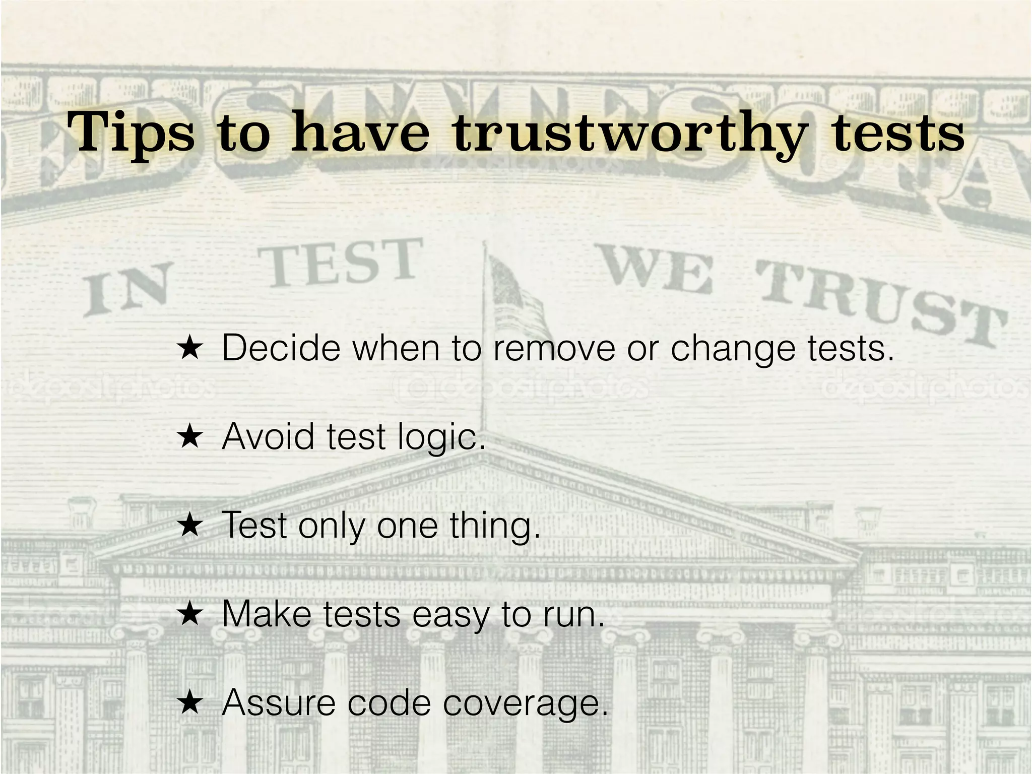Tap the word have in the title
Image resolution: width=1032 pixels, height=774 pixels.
[360, 133]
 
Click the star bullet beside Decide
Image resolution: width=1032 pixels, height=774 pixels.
[190, 348]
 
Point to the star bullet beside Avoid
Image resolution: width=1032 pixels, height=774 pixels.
[190, 437]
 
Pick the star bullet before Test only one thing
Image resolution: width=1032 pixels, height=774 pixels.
[190, 526]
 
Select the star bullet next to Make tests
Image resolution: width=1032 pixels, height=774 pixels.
[190, 614]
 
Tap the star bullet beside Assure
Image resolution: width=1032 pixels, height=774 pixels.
[190, 703]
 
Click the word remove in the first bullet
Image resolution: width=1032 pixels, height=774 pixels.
[554, 348]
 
